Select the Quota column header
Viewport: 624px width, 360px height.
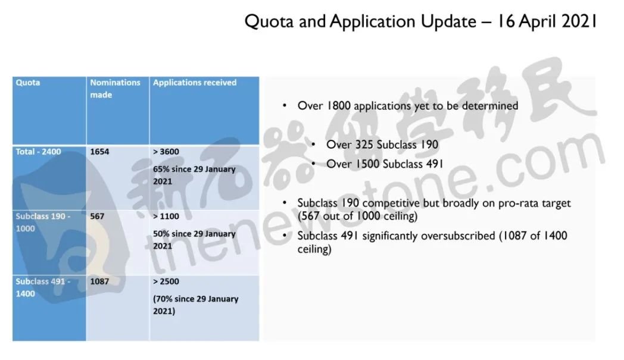(28, 83)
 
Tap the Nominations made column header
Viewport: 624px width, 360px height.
(115, 89)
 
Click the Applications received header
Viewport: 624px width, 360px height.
(195, 83)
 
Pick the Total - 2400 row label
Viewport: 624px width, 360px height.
(38, 152)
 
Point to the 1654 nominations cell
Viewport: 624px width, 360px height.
(99, 152)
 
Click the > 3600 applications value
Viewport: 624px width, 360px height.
(166, 152)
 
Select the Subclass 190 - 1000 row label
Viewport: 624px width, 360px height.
(43, 223)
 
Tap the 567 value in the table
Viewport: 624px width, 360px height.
(97, 217)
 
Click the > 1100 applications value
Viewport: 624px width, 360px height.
(166, 217)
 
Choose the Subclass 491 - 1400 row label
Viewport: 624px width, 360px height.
(43, 287)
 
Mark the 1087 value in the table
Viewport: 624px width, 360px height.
(99, 281)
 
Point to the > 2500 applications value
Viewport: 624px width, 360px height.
(166, 281)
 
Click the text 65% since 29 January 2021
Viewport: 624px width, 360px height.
(194, 175)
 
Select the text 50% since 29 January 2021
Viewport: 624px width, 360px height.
(194, 240)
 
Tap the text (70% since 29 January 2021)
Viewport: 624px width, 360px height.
(195, 305)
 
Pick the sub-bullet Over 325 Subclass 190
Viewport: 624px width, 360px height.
(382, 145)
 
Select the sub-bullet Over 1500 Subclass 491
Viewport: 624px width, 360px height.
(385, 164)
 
